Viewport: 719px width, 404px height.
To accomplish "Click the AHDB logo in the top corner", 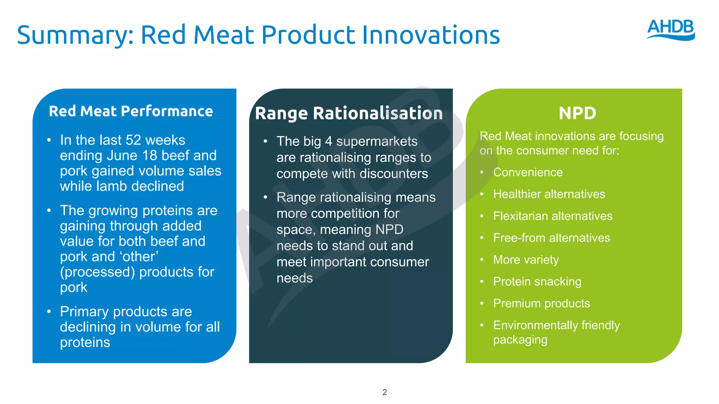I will click(x=671, y=29).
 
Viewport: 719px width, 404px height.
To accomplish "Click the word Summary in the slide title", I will click(x=75, y=35).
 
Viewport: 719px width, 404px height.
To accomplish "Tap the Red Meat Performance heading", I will click(x=131, y=111).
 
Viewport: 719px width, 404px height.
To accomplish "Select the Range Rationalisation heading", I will click(x=349, y=113).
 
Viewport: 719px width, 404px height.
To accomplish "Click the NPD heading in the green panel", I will click(x=577, y=113).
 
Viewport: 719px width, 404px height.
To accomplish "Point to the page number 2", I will click(x=384, y=392).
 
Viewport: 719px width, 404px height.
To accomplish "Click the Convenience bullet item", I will click(x=528, y=172).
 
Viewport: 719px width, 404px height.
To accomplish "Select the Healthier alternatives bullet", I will click(x=549, y=194).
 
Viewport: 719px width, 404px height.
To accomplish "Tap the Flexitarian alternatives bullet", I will click(x=552, y=216).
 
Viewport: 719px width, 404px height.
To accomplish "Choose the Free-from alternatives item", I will click(x=551, y=238).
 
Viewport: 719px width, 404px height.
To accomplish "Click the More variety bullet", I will click(x=526, y=260).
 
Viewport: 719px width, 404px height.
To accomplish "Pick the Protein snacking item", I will click(x=537, y=282).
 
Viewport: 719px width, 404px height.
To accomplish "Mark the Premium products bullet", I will click(x=541, y=303).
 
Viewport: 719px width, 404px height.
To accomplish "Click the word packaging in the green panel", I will click(x=520, y=340).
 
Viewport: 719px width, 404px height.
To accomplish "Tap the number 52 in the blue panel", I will click(x=133, y=140).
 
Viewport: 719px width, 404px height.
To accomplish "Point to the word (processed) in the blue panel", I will click(x=97, y=272).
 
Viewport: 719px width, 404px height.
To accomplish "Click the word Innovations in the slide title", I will click(x=431, y=35).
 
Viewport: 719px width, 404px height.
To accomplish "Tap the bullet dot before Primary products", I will click(x=49, y=311).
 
